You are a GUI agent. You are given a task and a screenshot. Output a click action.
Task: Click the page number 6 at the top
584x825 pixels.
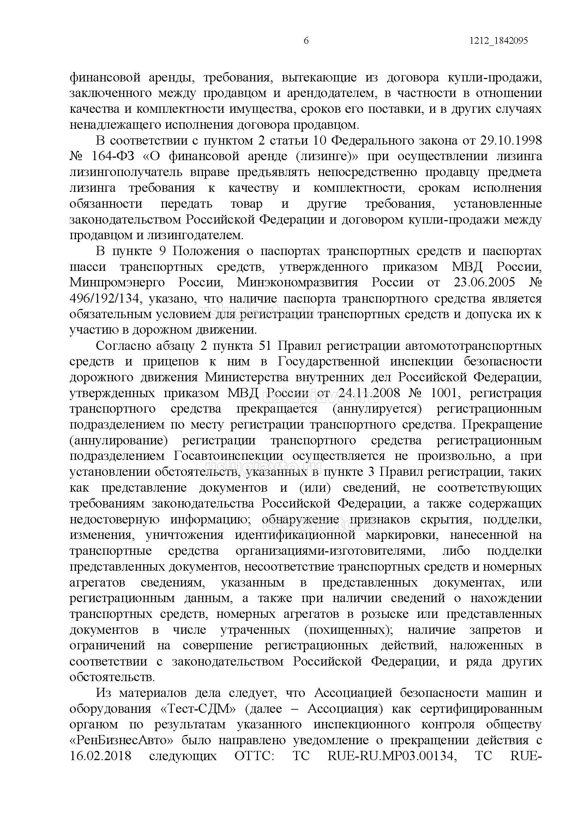coord(306,41)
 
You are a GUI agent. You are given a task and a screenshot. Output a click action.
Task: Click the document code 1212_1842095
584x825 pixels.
coord(498,41)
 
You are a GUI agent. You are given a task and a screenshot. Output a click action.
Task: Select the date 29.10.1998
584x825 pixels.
coord(511,140)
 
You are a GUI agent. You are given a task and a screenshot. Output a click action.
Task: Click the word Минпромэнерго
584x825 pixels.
coord(117,282)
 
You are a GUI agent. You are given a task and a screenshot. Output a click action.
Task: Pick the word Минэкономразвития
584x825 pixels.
coord(297,282)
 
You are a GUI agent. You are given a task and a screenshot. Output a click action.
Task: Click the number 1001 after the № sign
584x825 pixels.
coord(444,393)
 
